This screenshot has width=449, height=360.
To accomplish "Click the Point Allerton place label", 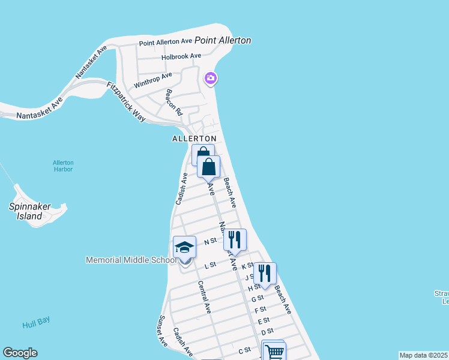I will tap(222, 40).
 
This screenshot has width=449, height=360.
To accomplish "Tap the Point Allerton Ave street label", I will tap(165, 43).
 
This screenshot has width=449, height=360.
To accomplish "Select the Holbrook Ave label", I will tap(181, 56).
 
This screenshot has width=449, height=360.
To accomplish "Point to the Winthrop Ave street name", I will tap(153, 80).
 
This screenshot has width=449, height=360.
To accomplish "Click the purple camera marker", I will tap(211, 78).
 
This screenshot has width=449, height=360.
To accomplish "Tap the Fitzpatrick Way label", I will tap(126, 101).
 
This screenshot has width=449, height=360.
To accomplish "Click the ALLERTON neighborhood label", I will tap(194, 139).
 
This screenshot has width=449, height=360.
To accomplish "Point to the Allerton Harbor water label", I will tap(62, 166).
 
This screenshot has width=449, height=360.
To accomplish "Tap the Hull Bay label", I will tap(35, 324).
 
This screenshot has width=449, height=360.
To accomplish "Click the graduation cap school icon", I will tap(184, 247).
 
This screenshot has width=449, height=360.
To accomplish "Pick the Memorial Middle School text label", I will tap(131, 260).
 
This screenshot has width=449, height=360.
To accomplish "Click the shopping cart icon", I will tap(274, 352).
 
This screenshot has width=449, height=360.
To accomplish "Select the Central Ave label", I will tap(205, 297).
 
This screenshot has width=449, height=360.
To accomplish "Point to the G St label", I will tap(258, 298).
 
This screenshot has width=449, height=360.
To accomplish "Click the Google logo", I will tap(20, 353).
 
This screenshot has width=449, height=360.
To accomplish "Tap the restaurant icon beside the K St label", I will tap(265, 273).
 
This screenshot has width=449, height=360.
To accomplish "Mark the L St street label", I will tap(210, 265).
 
